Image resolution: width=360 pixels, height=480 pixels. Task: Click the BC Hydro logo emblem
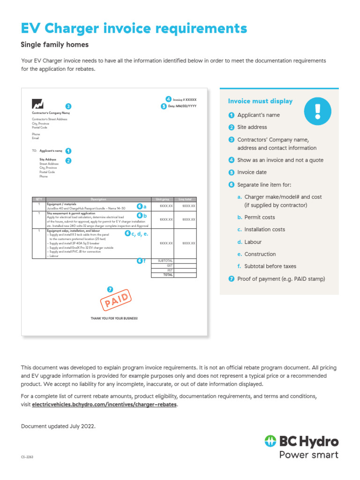coord(270,442)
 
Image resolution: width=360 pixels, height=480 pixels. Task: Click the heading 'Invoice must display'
coord(260,101)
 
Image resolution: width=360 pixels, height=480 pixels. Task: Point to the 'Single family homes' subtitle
coord(55,45)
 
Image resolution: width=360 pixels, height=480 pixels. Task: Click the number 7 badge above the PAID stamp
coord(110,289)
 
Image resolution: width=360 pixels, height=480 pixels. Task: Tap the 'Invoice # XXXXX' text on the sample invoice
coord(185,100)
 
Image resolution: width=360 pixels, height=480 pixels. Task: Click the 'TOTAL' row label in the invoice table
coord(167,275)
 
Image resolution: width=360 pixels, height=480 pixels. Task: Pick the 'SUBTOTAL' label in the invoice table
coord(165,261)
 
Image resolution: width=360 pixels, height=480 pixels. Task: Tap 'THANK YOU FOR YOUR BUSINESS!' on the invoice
coord(114,318)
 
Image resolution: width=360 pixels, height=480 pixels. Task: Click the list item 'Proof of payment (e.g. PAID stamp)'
coord(281,279)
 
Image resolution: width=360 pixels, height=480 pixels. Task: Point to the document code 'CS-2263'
coord(27,457)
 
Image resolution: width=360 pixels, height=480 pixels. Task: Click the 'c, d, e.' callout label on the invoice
coord(139,233)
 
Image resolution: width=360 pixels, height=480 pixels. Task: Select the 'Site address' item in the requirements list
coord(252,127)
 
